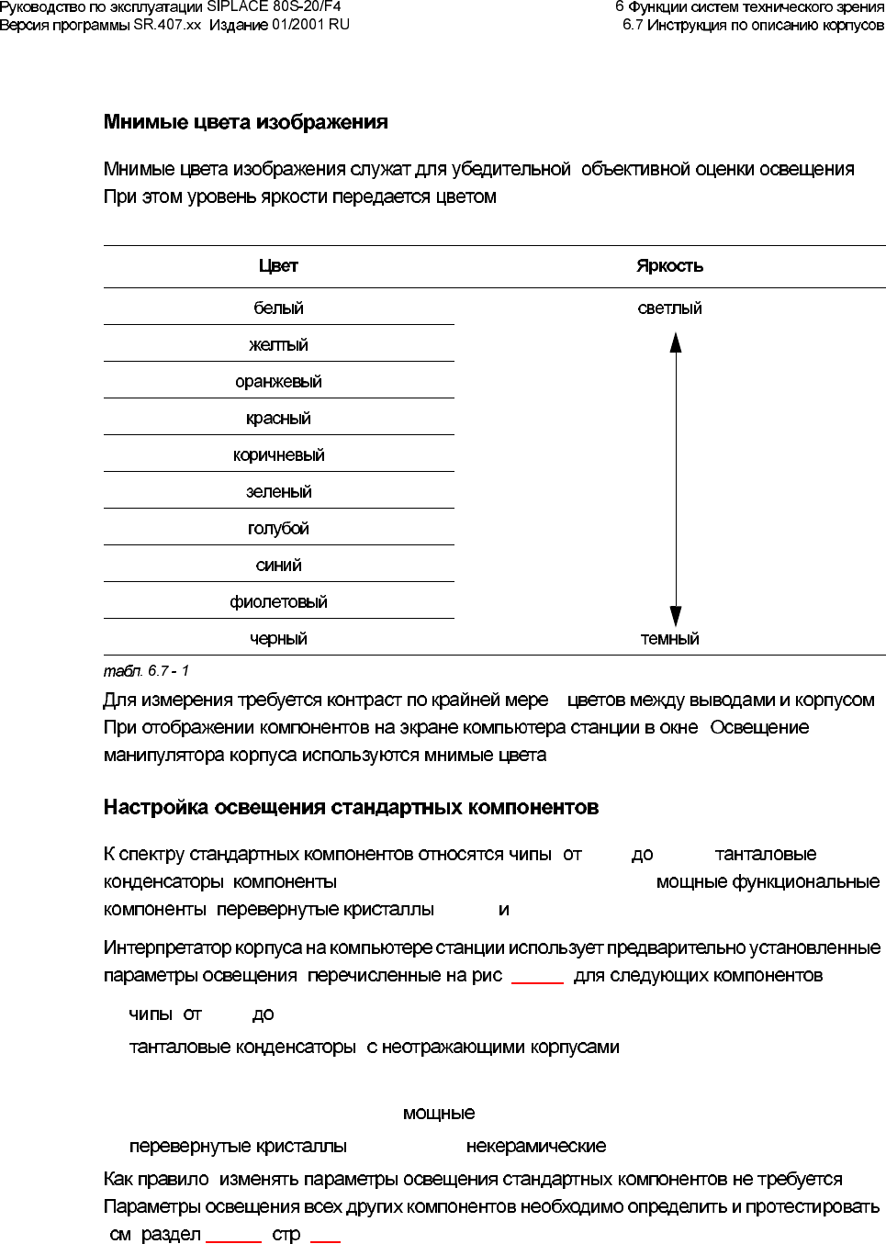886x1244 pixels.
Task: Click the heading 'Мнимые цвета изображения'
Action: pyautogui.click(x=245, y=122)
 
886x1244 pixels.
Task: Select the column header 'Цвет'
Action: pyautogui.click(x=278, y=266)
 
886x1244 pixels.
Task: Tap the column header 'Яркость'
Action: pyautogui.click(x=670, y=266)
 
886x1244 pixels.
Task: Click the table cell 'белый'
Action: pyautogui.click(x=278, y=308)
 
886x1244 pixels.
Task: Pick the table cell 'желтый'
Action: pyautogui.click(x=278, y=345)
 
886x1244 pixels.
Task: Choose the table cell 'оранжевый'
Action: pyautogui.click(x=278, y=382)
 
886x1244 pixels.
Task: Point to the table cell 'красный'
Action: pyautogui.click(x=278, y=419)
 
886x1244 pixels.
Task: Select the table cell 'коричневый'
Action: pyautogui.click(x=278, y=455)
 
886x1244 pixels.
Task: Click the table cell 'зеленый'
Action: pyautogui.click(x=278, y=492)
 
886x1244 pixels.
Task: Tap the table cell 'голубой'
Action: pyautogui.click(x=278, y=529)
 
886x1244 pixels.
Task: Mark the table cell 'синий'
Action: pyautogui.click(x=278, y=566)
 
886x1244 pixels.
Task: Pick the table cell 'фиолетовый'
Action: pyautogui.click(x=278, y=602)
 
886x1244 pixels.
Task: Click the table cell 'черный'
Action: pyautogui.click(x=278, y=639)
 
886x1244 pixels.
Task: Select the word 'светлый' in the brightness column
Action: pyautogui.click(x=670, y=308)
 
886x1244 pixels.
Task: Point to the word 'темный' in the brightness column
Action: pyautogui.click(x=670, y=639)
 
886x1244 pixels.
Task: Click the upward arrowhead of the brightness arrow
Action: pyautogui.click(x=676, y=342)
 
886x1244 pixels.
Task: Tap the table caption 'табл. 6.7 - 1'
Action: pyautogui.click(x=146, y=671)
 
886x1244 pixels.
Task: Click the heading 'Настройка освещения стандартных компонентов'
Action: pyautogui.click(x=351, y=808)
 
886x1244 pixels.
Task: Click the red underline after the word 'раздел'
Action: pyautogui.click(x=234, y=1240)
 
